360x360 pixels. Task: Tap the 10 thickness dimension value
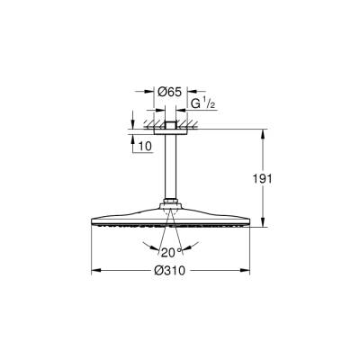coord(144,143)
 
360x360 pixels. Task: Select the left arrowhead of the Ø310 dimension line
coord(96,271)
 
